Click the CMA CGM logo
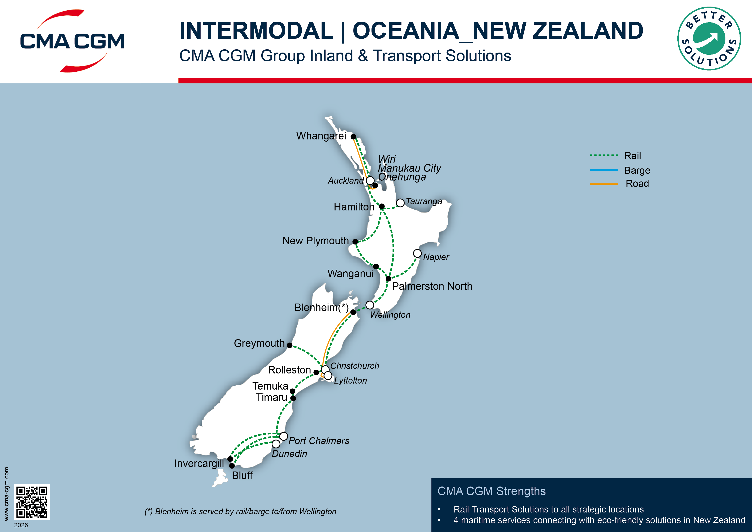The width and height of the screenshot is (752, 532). coord(72,41)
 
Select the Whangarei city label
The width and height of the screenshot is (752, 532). coord(321,136)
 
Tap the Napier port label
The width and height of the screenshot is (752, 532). coord(436,257)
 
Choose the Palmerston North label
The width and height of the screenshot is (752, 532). coord(432,286)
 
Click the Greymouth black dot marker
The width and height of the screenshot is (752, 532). coord(290,345)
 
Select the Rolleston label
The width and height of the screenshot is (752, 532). coord(289,370)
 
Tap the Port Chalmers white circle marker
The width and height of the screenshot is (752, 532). coord(284,437)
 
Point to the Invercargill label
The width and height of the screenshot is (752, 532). coord(199,464)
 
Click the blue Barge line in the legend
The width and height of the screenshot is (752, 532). coord(604,170)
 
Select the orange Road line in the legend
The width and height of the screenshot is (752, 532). coord(604,184)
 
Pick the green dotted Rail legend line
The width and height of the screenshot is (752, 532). coord(604,155)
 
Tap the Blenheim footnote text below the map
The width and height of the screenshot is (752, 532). coord(240,511)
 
